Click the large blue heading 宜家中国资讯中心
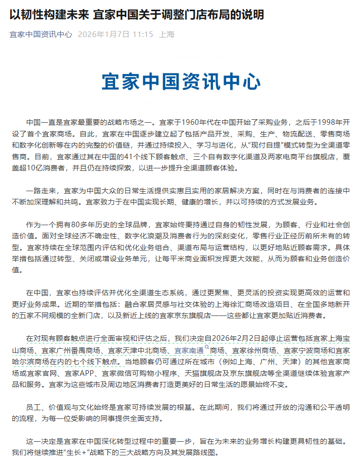pyautogui.click(x=181, y=81)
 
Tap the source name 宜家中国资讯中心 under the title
pyautogui.click(x=41, y=34)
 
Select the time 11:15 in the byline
pyautogui.click(x=142, y=34)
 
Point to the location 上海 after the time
pyautogui.click(x=167, y=34)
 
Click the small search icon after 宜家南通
pyautogui.click(x=207, y=347)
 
